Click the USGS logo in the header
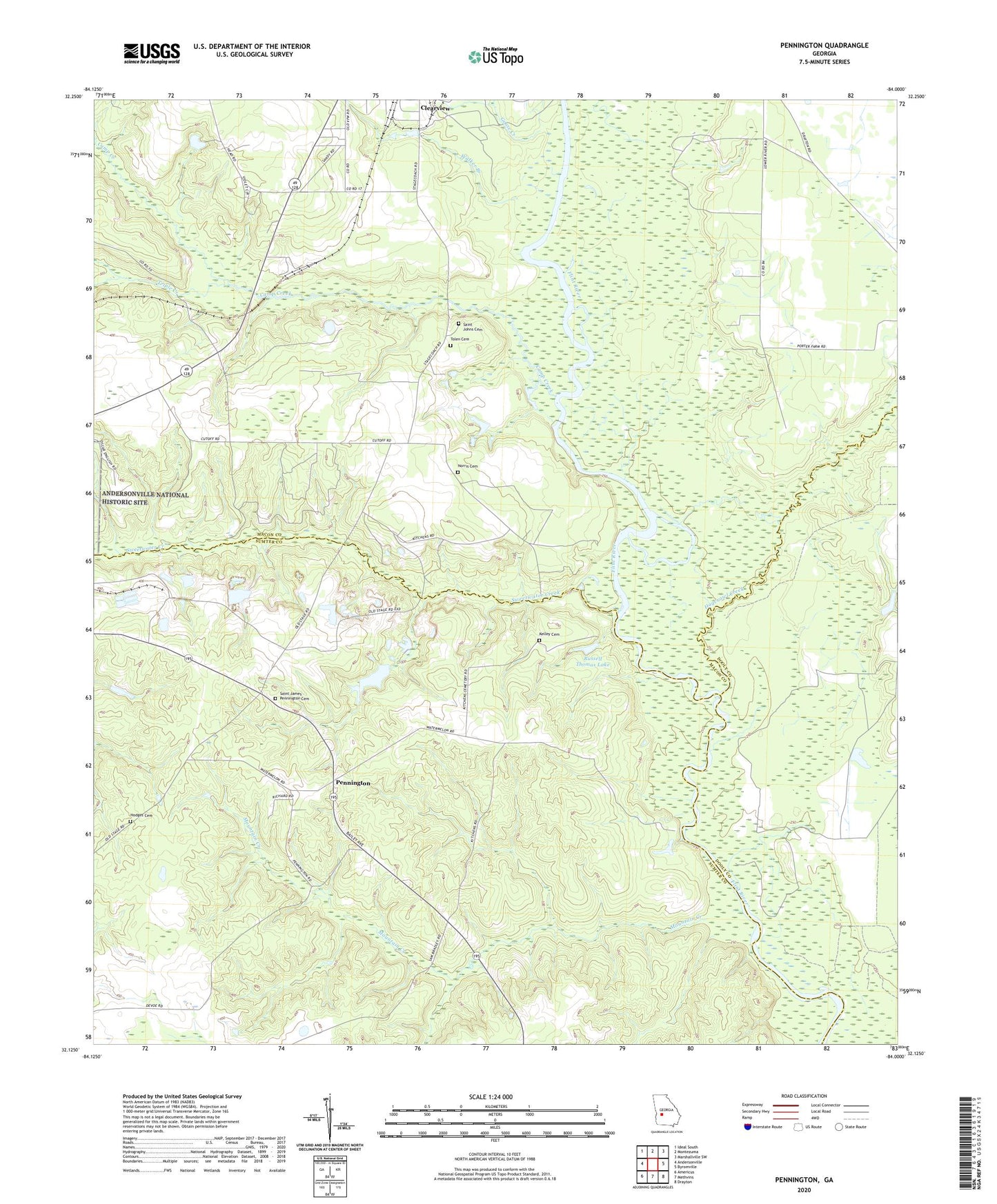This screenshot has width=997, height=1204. click(151, 53)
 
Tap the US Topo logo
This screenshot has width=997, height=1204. click(495, 57)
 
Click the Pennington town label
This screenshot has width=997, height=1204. click(353, 783)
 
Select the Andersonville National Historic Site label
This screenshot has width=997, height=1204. click(145, 499)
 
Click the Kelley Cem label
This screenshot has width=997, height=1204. click(549, 634)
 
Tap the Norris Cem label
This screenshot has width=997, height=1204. click(468, 467)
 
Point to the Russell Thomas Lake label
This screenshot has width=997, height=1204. click(593, 661)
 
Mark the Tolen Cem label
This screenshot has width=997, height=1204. click(460, 339)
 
